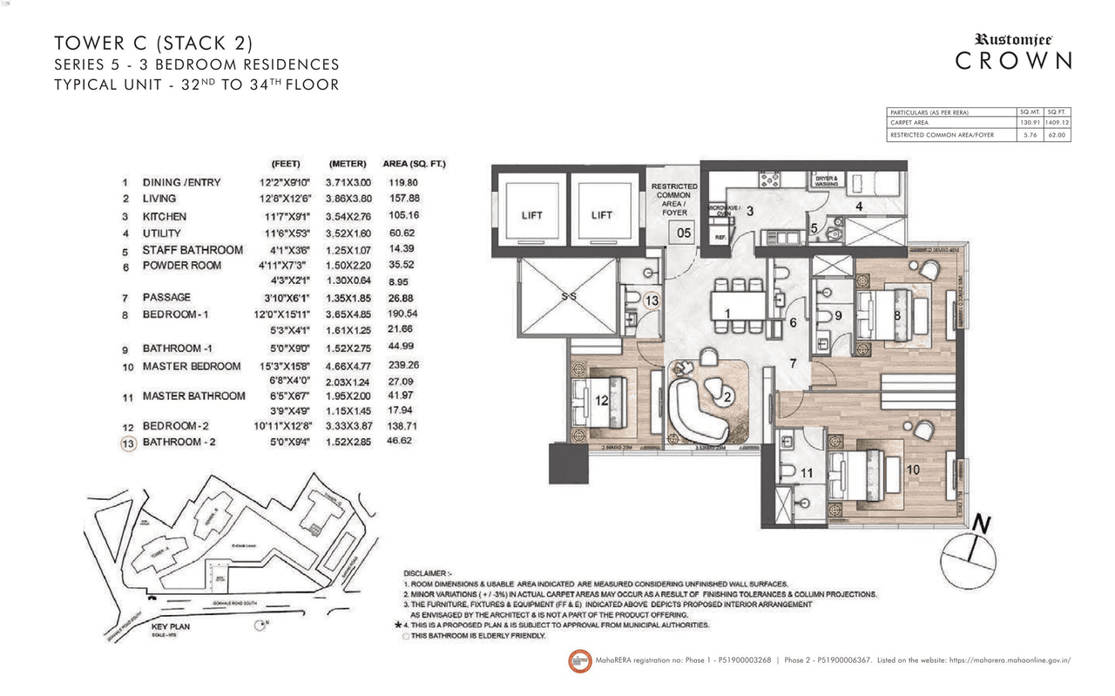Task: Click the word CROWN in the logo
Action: (1013, 61)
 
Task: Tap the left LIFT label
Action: (531, 215)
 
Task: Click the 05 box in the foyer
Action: (684, 233)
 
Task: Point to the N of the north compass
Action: (982, 524)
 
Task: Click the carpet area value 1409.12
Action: (1057, 124)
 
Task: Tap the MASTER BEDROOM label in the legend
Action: (192, 367)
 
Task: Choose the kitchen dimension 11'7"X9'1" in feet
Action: (286, 216)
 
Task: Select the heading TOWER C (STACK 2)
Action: (153, 43)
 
